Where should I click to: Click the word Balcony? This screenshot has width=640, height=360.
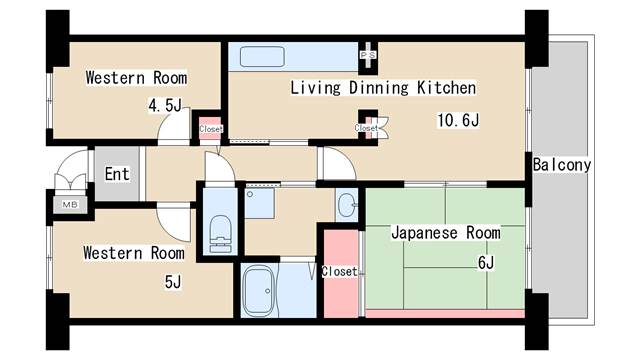(562, 164)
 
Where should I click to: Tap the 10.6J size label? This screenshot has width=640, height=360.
(458, 121)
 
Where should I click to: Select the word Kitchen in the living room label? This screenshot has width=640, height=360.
(445, 87)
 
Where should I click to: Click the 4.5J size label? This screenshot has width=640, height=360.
(165, 105)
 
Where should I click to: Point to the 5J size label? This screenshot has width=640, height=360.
(172, 281)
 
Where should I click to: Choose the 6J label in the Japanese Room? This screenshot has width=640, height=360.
(486, 262)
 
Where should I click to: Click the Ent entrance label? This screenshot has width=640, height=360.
(117, 174)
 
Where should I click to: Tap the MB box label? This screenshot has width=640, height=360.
(70, 204)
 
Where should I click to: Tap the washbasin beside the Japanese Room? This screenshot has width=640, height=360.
(347, 206)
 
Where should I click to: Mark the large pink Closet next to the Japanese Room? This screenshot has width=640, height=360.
(340, 272)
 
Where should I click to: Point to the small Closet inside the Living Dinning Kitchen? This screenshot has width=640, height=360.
(367, 128)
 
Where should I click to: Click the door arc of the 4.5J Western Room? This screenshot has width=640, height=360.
(173, 129)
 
